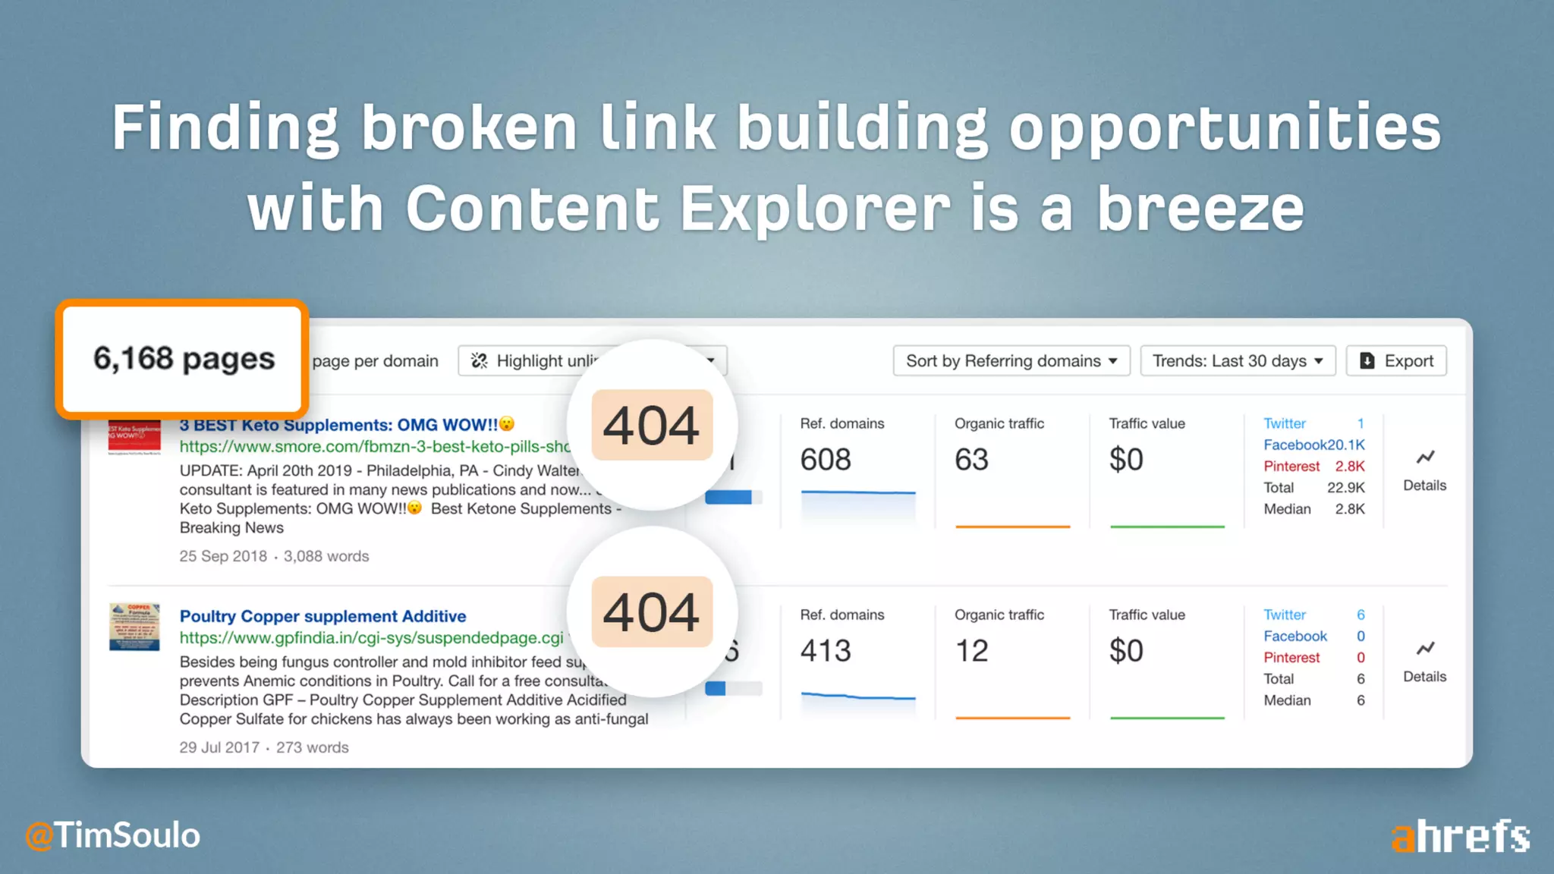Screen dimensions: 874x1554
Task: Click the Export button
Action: (1396, 361)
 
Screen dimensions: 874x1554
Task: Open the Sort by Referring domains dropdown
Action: (1011, 361)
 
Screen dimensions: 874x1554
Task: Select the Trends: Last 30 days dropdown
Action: (1238, 361)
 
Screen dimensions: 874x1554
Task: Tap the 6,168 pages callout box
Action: (183, 359)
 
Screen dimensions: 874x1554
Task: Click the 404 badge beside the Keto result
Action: (652, 425)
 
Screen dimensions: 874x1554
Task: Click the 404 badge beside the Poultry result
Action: (652, 612)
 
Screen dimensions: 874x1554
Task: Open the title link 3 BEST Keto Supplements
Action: (338, 425)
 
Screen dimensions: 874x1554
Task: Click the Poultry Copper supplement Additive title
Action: (322, 616)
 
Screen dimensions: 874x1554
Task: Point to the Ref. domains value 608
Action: (826, 460)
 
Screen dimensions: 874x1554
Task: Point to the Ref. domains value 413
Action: (826, 651)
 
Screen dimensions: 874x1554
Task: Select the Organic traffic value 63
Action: (971, 460)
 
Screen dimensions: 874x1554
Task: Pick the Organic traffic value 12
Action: (971, 651)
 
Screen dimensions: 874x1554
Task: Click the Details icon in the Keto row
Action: (1424, 458)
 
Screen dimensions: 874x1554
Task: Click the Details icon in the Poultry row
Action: (1424, 649)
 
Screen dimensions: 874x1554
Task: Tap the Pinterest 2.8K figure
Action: (1349, 466)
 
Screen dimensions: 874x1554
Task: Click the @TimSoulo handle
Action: (113, 835)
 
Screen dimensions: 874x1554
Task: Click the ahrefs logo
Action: (1460, 836)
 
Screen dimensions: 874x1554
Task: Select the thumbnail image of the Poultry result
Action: (134, 627)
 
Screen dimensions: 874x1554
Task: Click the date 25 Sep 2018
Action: (223, 556)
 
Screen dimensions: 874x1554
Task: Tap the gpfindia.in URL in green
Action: (371, 638)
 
